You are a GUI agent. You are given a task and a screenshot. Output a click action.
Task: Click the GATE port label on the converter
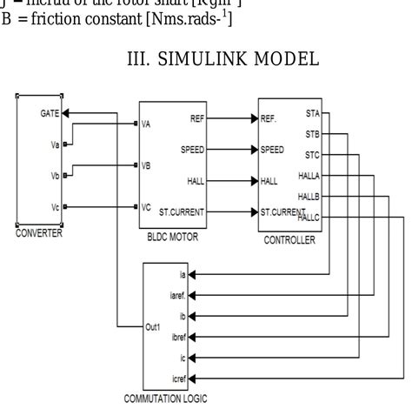point(49,113)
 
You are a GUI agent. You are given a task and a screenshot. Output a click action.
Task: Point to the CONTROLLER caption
point(290,240)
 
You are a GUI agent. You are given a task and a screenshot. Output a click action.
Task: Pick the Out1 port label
point(153,328)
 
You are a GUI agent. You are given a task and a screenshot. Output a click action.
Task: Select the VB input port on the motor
point(147,164)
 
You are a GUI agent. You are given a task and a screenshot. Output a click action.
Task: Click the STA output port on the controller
point(313,113)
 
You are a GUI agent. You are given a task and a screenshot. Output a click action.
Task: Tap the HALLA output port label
point(309,175)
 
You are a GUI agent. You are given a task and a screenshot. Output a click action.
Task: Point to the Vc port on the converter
point(55,207)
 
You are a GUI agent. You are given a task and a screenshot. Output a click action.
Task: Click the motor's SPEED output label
point(192,150)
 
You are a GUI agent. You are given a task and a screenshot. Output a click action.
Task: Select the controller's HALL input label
point(270,181)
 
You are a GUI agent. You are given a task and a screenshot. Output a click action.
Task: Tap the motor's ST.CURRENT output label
point(184,211)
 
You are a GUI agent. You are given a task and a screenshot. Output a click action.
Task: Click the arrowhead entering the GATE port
point(68,113)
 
